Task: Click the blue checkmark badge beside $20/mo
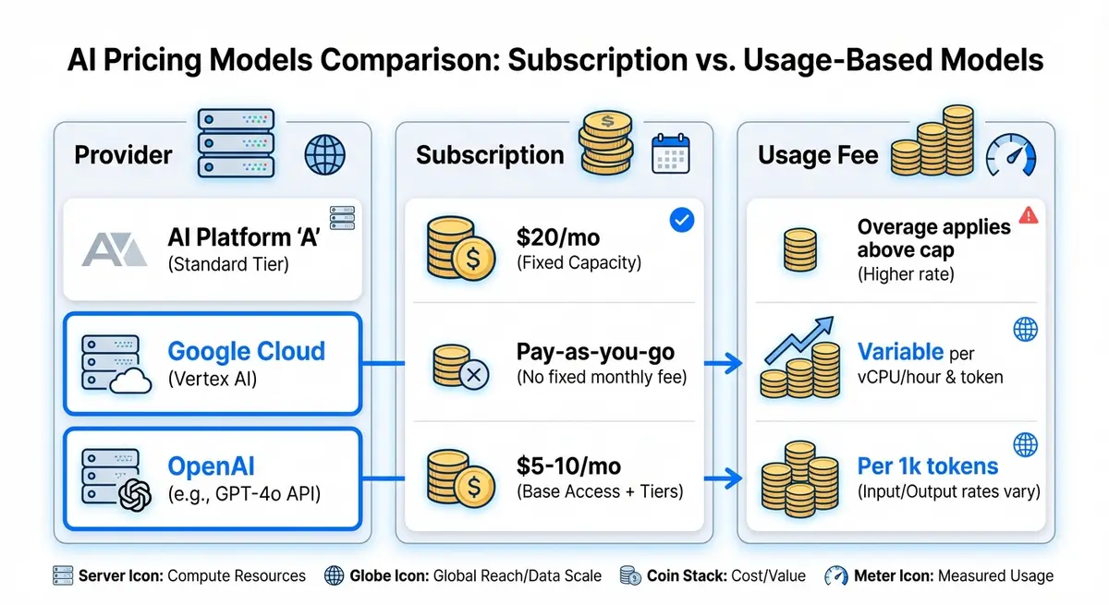click(x=681, y=221)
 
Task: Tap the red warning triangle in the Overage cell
click(x=1028, y=215)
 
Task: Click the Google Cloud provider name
click(x=246, y=352)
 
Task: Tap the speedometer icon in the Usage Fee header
click(x=1011, y=154)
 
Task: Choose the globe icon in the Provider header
click(x=324, y=154)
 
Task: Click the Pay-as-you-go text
click(x=595, y=352)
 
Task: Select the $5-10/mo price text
click(x=568, y=466)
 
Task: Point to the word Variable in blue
click(x=900, y=352)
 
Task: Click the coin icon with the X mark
click(x=460, y=366)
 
